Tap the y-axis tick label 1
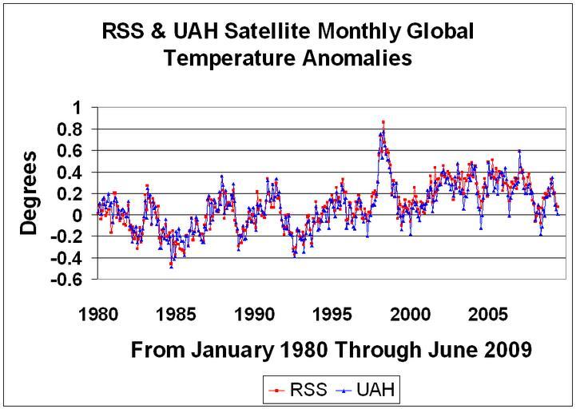tap(82, 107)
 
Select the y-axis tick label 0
tap(82, 215)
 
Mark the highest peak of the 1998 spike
tap(383, 121)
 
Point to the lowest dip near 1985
tap(171, 266)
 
